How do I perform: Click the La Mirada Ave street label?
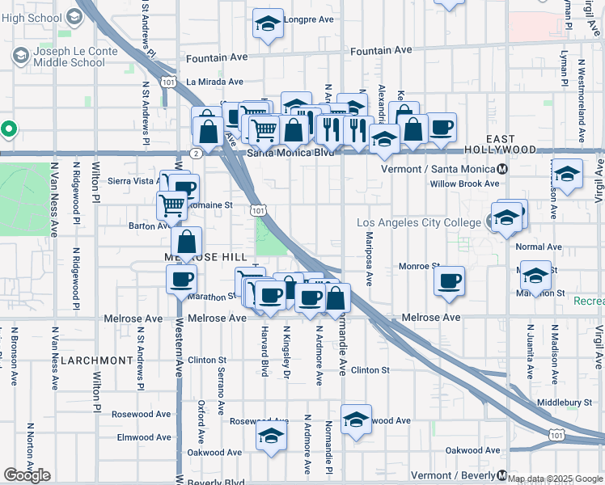(214, 82)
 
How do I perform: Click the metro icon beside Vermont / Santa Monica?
(503, 169)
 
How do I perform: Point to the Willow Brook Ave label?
(464, 183)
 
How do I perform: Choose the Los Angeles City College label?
(421, 222)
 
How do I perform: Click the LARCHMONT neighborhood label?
(96, 360)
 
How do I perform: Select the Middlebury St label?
(564, 402)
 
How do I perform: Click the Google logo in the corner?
(27, 474)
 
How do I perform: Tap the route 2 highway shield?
(196, 152)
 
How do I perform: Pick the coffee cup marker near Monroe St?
(449, 280)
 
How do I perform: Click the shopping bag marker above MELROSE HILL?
(187, 241)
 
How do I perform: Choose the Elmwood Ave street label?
(145, 437)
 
